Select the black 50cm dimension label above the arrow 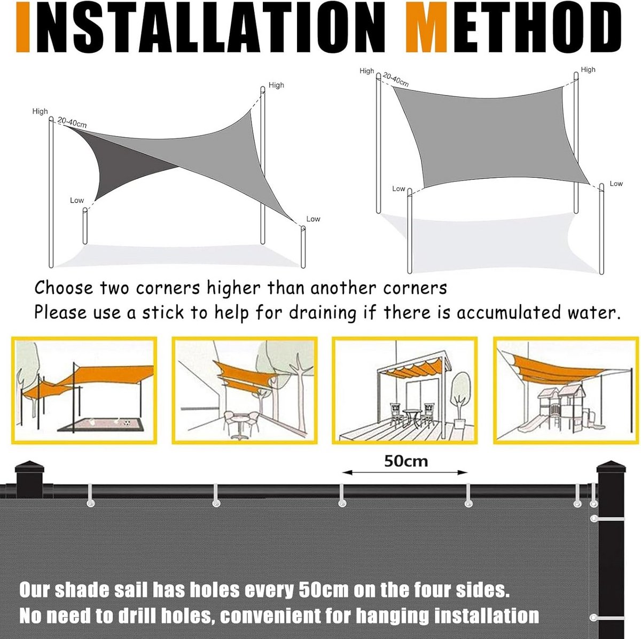coord(405,461)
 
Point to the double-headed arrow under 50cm coord(405,472)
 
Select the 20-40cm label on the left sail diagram coord(72,122)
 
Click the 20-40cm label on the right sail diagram coord(395,80)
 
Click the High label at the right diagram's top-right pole coord(588,69)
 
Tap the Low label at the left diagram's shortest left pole coord(77,200)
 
